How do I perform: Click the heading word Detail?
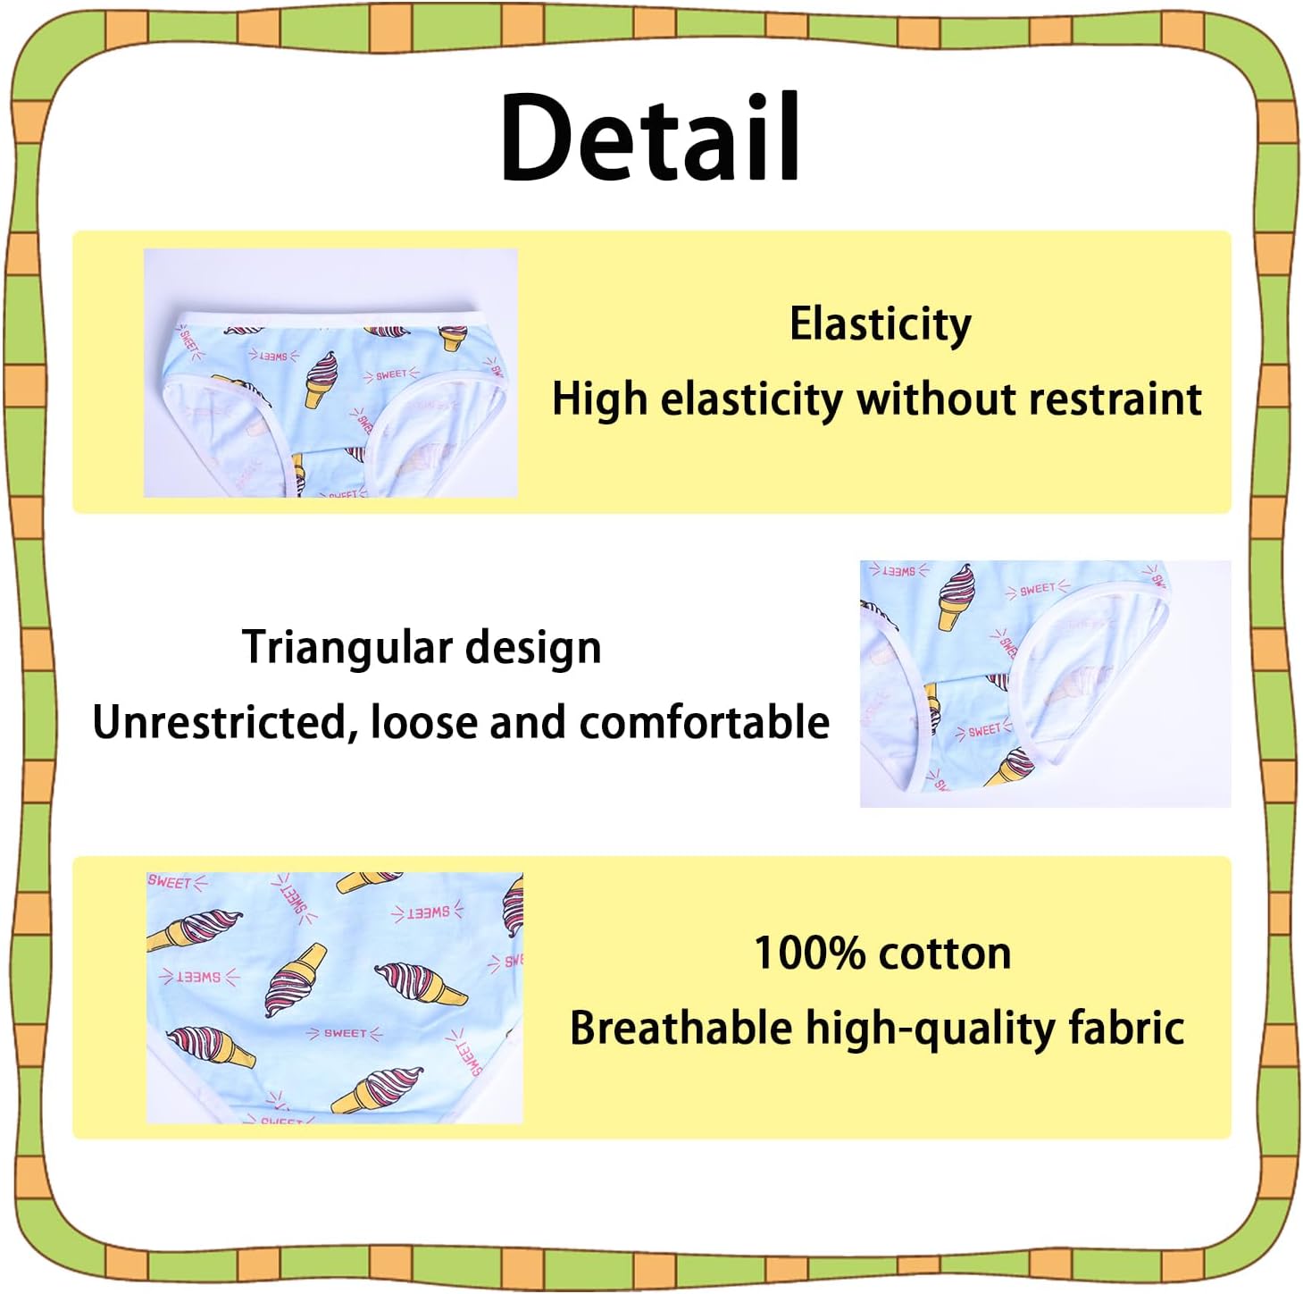point(650,139)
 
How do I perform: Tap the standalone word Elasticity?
point(880,323)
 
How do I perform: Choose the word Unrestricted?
point(219,722)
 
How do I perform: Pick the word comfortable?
point(705,722)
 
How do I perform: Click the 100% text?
point(810,954)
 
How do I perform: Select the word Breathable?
point(681,1029)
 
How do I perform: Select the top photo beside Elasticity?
point(330,373)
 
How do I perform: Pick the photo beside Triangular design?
point(1044,684)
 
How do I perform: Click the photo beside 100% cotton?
point(334,997)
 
